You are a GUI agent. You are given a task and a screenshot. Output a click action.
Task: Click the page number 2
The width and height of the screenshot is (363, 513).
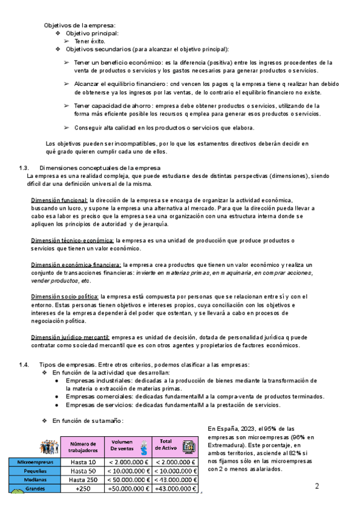pyautogui.click(x=317, y=486)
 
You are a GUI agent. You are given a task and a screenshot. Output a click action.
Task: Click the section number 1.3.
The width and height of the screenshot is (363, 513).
pyautogui.click(x=24, y=167)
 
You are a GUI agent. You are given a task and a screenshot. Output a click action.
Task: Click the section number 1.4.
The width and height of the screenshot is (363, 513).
pyautogui.click(x=24, y=364)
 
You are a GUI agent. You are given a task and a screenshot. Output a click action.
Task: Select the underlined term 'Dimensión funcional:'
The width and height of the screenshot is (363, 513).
pyautogui.click(x=59, y=200)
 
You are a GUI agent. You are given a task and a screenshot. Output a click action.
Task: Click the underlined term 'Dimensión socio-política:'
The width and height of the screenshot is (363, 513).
pyautogui.click(x=65, y=297)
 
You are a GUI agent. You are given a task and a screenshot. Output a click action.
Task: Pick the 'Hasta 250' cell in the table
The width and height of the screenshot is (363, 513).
pyautogui.click(x=83, y=480)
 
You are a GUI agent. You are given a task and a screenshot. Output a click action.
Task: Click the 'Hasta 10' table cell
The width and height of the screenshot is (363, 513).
pyautogui.click(x=83, y=462)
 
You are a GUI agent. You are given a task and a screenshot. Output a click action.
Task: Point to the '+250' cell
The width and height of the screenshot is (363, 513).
pyautogui.click(x=83, y=489)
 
